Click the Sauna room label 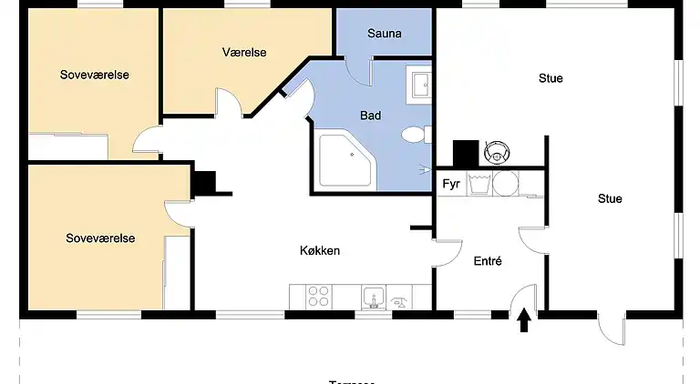click(385, 35)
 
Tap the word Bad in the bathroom click(371, 116)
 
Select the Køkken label click(320, 250)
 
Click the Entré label click(488, 261)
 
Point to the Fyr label click(450, 184)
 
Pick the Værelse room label click(244, 53)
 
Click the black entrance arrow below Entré click(524, 321)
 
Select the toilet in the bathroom click(414, 136)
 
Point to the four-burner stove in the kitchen click(318, 296)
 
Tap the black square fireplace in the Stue click(466, 153)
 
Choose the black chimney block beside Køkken click(203, 183)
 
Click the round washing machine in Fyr click(503, 183)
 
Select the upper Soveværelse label click(95, 75)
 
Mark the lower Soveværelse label click(100, 238)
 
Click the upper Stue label click(551, 78)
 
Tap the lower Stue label click(610, 198)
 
